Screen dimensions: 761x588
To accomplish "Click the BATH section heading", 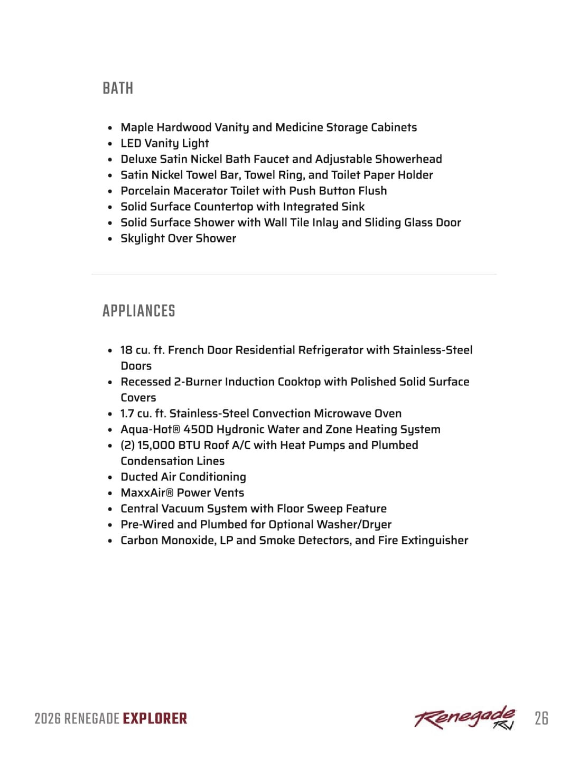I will (118, 88).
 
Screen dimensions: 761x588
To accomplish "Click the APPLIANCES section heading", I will (139, 311).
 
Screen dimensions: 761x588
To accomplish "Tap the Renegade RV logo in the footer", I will (464, 718).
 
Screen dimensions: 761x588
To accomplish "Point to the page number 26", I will (541, 718).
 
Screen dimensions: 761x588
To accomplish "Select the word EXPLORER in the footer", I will (155, 719).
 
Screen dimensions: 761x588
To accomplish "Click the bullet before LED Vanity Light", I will (110, 144).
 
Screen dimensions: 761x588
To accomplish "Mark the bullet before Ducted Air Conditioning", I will (110, 477).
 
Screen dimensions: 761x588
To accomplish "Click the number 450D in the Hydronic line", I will (198, 429).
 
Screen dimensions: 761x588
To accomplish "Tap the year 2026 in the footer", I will (48, 719).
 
